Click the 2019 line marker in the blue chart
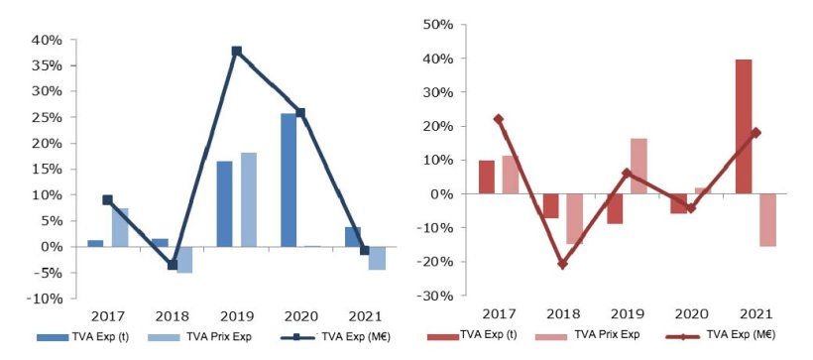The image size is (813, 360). tap(237, 51)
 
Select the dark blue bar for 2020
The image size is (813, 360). tap(289, 180)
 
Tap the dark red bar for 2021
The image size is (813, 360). tap(744, 127)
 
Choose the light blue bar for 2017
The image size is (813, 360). tap(119, 227)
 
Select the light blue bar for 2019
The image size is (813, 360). tap(248, 199)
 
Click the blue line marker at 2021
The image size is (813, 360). tap(365, 250)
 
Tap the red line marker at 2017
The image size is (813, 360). tap(498, 119)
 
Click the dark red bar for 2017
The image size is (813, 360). tap(487, 177)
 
